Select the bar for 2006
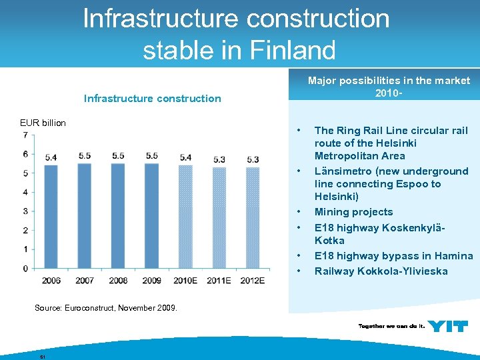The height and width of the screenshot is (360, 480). (51, 217)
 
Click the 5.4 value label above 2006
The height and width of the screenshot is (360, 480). (51, 157)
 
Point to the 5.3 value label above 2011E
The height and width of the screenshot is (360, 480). (219, 159)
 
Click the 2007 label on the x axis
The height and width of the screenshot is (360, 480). (85, 281)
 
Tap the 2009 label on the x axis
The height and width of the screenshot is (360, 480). (151, 281)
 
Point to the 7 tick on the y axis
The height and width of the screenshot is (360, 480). (25, 135)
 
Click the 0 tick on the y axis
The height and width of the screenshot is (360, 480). (25, 268)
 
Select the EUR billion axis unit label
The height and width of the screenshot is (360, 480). (43, 123)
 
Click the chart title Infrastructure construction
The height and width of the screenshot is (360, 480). (152, 99)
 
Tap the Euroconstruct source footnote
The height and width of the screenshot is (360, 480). (105, 307)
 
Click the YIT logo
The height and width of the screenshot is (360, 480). (447, 326)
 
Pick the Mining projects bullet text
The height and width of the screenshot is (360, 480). (353, 212)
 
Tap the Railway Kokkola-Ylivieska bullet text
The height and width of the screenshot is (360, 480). (381, 271)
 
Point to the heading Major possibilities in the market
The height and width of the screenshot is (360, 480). (389, 81)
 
